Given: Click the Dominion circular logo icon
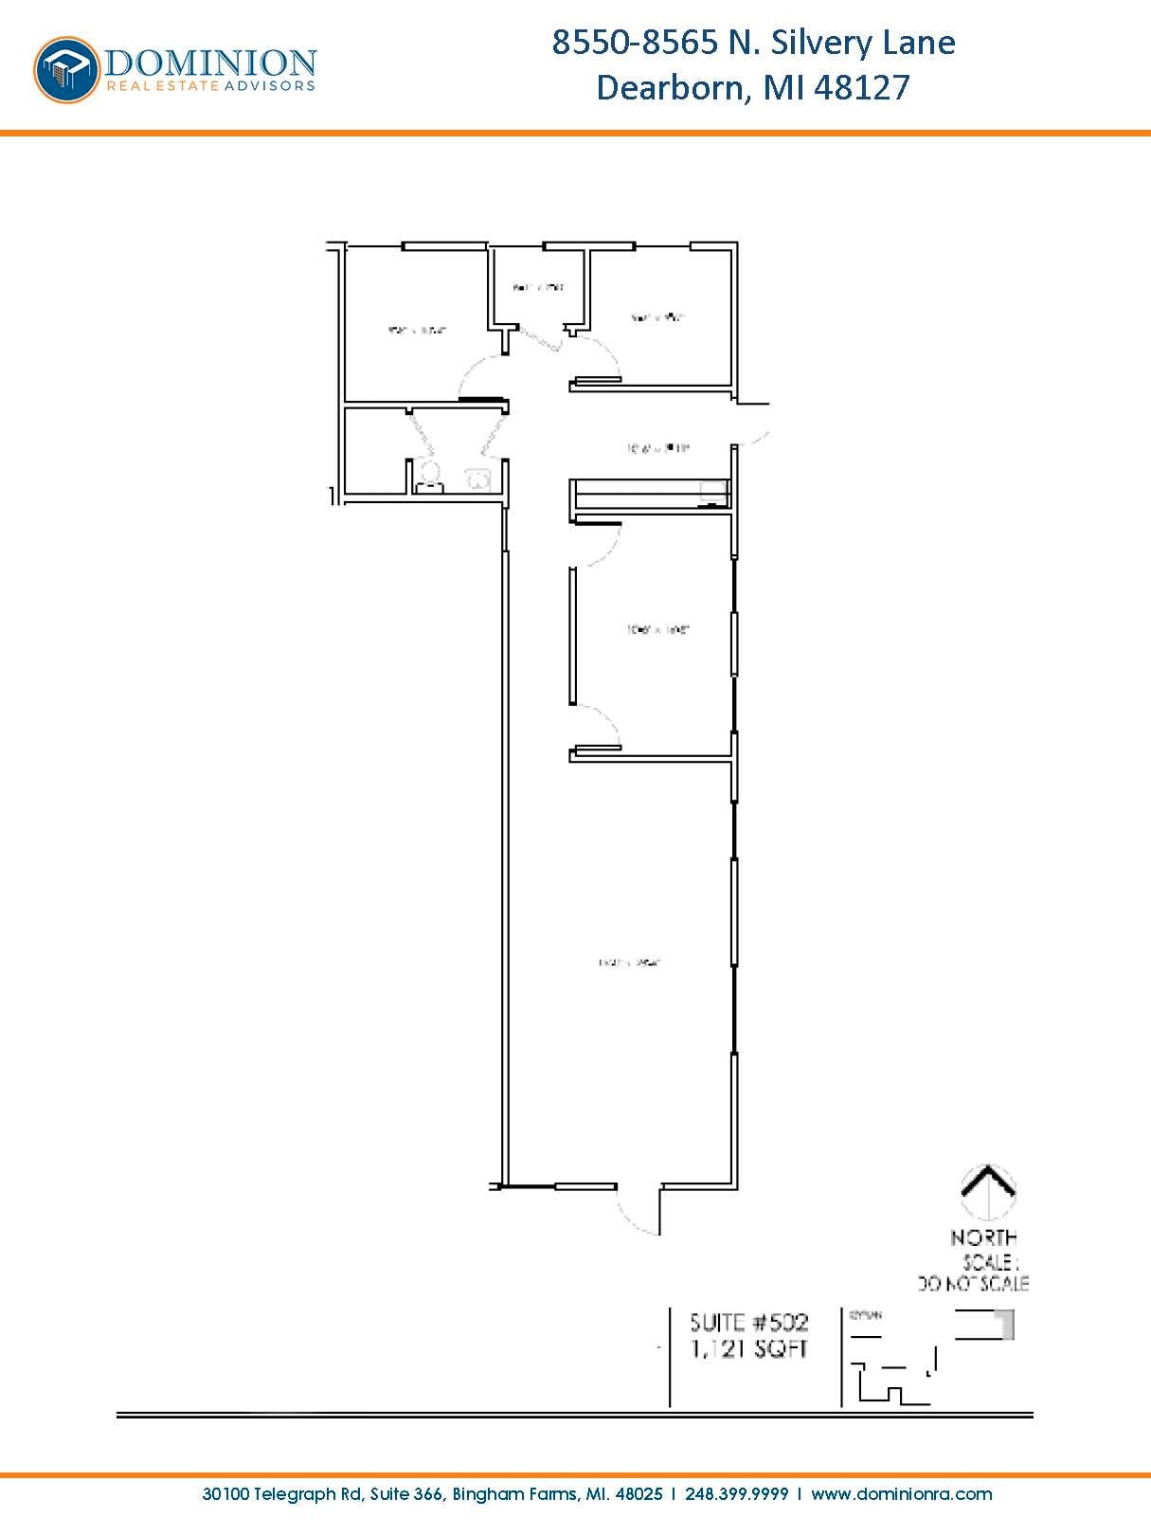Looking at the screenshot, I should point(67,69).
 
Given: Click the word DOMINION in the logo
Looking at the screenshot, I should point(210,63).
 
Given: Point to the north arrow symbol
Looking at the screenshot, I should point(988,1192).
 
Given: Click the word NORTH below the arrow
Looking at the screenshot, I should point(984,1237).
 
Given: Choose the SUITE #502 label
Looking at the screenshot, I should point(748,1322).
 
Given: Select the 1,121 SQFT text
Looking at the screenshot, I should point(748,1348).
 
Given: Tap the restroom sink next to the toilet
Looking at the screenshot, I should point(477,479).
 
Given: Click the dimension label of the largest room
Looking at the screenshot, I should point(629,963).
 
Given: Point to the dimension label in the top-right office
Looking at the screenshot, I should point(657,317).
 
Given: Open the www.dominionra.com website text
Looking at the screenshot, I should point(901,1494).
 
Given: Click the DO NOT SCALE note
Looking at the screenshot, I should point(973,1284).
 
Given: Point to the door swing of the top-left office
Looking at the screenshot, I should point(481,377).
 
